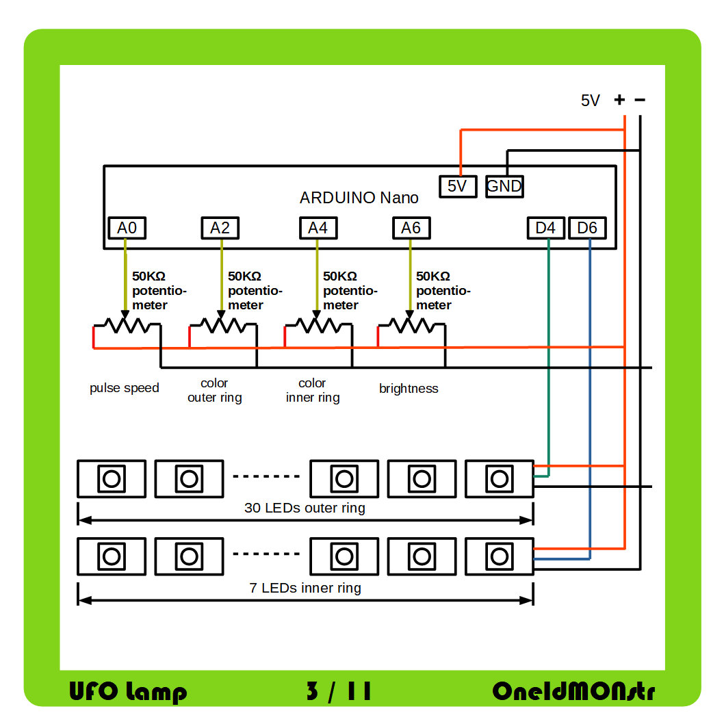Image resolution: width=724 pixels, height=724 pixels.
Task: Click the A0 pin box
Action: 127,228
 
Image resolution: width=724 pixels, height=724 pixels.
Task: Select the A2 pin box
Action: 220,228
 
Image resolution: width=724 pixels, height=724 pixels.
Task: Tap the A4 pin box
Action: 318,228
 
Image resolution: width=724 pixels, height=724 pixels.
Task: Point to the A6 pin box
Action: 411,228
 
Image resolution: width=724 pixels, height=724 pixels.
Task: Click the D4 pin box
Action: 545,228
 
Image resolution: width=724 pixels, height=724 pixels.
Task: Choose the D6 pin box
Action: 587,228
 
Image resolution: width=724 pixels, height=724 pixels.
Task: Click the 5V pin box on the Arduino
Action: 457,186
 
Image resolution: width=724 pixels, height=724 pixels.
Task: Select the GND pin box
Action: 504,186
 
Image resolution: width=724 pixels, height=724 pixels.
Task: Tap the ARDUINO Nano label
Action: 359,198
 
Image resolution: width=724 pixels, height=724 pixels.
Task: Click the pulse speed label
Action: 124,388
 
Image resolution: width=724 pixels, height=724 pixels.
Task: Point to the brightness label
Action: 409,389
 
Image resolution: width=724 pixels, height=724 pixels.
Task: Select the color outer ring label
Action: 214,390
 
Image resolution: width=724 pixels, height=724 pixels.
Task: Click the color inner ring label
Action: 312,390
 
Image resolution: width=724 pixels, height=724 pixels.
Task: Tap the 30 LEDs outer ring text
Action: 305,508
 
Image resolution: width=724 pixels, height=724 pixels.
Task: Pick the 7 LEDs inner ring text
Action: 305,588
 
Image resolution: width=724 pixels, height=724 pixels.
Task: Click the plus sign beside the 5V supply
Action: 620,100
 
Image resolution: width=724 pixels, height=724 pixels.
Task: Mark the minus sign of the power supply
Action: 640,100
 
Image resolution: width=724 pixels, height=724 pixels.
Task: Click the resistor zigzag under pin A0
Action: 125,325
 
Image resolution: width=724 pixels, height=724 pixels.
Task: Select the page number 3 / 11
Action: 339,691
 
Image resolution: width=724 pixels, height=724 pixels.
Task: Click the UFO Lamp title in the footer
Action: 128,691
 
